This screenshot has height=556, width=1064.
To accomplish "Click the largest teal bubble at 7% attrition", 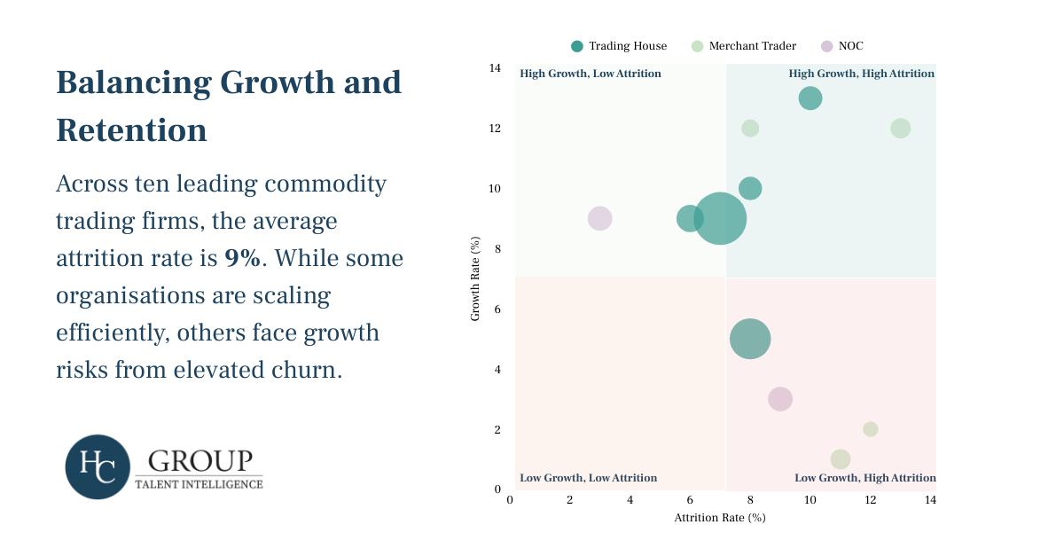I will coord(720,218).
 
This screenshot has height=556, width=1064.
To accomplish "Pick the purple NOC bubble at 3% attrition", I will coord(600,218).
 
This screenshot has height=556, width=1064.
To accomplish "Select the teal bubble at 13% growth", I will coord(810,98).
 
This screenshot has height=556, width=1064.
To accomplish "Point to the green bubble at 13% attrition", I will coord(900,129).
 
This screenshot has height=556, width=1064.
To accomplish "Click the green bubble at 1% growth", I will coord(841,459).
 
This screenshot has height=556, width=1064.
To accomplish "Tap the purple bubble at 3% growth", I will coord(780,399).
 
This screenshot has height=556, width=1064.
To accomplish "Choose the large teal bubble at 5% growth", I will coord(750,339).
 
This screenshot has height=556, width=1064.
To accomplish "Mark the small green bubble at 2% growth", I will coord(870,429).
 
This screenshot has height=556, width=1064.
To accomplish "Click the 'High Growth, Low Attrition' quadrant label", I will coord(591,74).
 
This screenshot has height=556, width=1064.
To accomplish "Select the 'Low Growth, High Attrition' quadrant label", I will coord(864,478).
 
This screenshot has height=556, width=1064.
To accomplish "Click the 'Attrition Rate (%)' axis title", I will coord(719,518).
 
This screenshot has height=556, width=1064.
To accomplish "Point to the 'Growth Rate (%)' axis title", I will coord(475,278).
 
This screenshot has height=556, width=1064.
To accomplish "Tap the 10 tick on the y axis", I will coord(496,189).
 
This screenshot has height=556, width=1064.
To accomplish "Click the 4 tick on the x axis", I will coord(630,500).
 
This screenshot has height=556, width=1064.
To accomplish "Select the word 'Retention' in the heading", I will coord(131,130).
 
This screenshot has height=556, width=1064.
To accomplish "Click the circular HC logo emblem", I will coord(98,466).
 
